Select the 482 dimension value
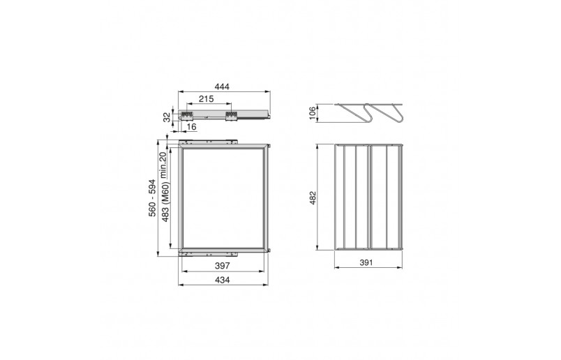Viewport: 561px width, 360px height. (x=313, y=198)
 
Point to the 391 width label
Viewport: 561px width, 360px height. (x=369, y=262)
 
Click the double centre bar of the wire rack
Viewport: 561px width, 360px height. (x=368, y=197)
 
